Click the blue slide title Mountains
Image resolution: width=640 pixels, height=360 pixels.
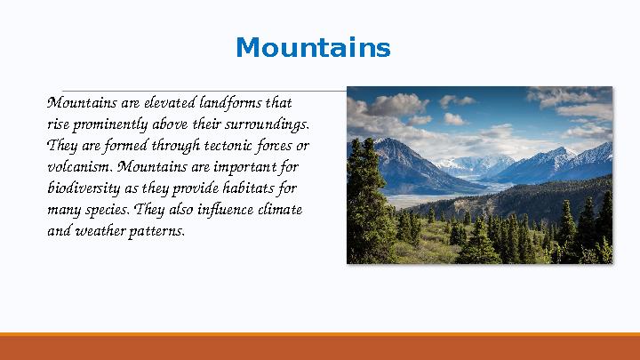tap(313, 48)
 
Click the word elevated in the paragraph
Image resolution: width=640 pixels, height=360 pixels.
tap(169, 101)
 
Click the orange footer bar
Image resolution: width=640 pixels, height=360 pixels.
tap(320, 348)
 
